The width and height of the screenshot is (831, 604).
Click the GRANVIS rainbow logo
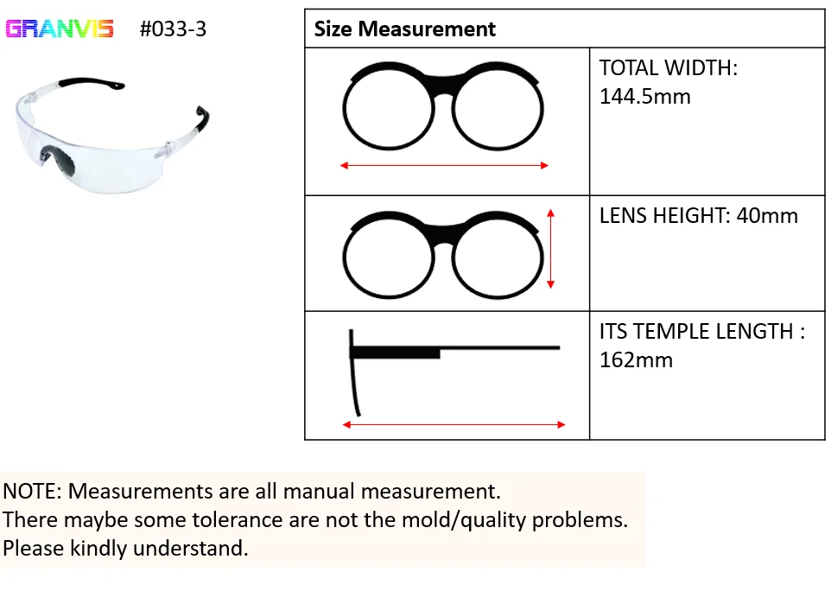point(60,29)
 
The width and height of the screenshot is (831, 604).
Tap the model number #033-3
point(173,29)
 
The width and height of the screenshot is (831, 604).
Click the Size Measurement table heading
point(404,29)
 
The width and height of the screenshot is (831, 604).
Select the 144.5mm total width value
point(644,96)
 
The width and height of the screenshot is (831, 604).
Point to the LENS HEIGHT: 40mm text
point(698,215)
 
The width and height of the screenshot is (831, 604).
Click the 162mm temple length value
point(636,359)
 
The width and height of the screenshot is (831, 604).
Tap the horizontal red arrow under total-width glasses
point(445,165)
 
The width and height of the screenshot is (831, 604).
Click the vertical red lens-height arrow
point(550,248)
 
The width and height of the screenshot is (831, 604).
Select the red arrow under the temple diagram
point(454,424)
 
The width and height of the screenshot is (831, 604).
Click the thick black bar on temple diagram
point(396,353)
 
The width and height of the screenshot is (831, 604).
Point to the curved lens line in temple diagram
point(354,380)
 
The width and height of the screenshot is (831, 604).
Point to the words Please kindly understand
point(125,548)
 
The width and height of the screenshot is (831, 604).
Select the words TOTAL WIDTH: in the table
point(668,67)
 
